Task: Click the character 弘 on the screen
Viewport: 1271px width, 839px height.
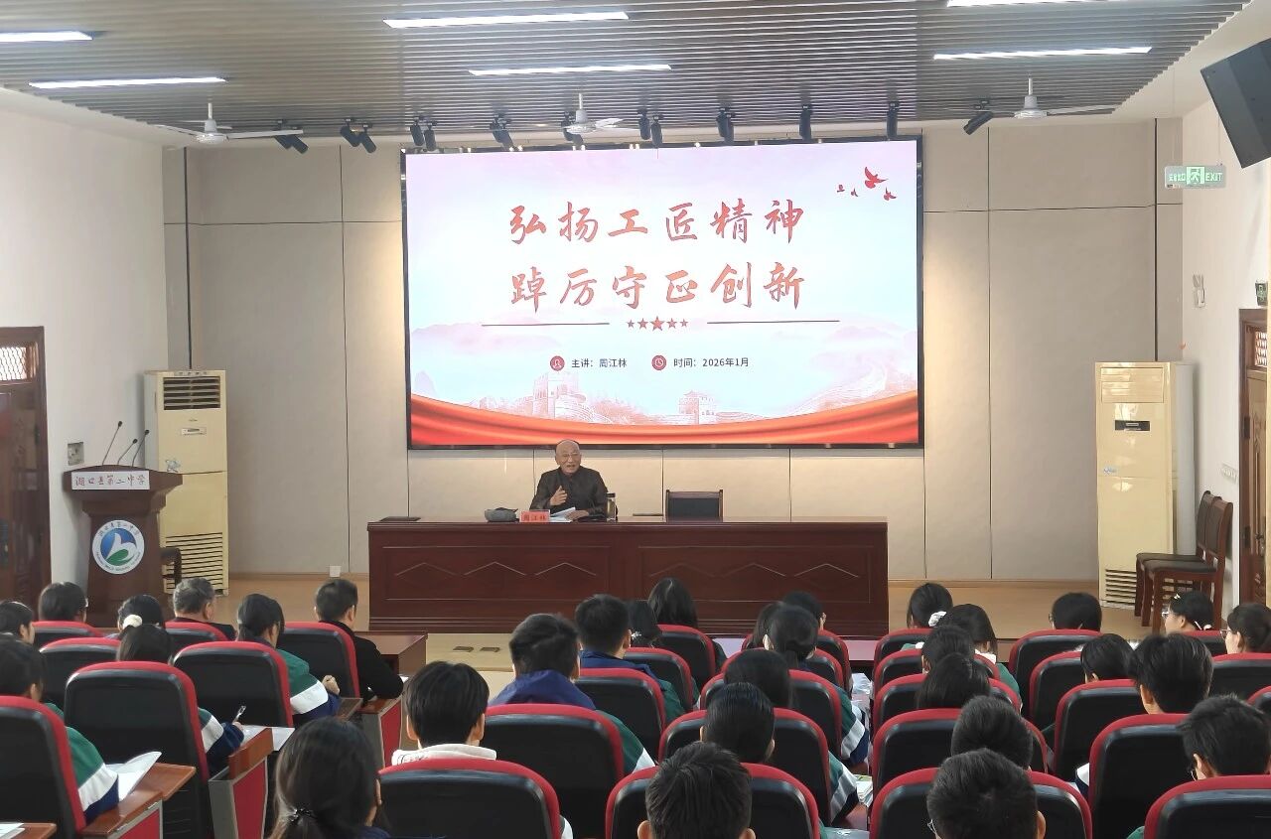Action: tap(527, 223)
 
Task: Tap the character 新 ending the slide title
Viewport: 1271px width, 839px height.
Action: tap(783, 287)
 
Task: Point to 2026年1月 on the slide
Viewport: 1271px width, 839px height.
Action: tap(725, 362)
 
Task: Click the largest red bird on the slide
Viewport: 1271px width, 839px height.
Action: tap(874, 179)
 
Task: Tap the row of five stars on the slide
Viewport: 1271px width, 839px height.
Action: tap(656, 323)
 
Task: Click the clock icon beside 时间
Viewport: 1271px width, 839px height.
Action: tap(658, 362)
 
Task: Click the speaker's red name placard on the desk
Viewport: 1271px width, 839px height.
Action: tap(533, 516)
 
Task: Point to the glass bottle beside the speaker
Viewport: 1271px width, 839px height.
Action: tap(611, 506)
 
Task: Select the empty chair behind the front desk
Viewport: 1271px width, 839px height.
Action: tap(693, 504)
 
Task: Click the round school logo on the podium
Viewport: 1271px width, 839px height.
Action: tap(118, 547)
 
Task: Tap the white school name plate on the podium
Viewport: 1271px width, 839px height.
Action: tap(110, 481)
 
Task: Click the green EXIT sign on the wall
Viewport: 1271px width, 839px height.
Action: tap(1195, 177)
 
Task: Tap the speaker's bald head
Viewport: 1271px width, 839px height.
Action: tap(568, 451)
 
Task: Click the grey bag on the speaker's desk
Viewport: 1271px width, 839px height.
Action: tap(499, 514)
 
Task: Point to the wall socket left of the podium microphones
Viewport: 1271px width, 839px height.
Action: tap(75, 453)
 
